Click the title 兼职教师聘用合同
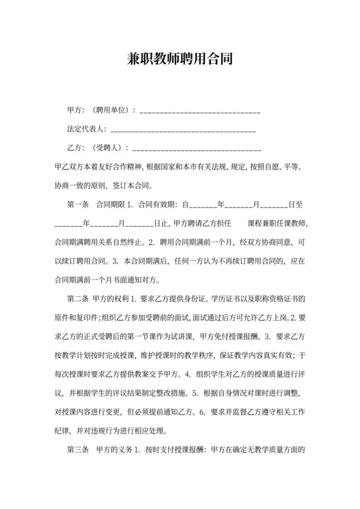pos(179,60)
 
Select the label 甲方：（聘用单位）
pos(102,111)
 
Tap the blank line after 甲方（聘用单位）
pos(199,111)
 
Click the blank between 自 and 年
pos(202,205)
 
